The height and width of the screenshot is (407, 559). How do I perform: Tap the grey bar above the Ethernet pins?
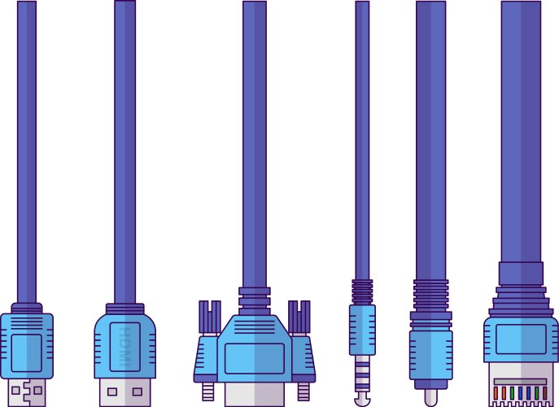coord(521,380)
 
